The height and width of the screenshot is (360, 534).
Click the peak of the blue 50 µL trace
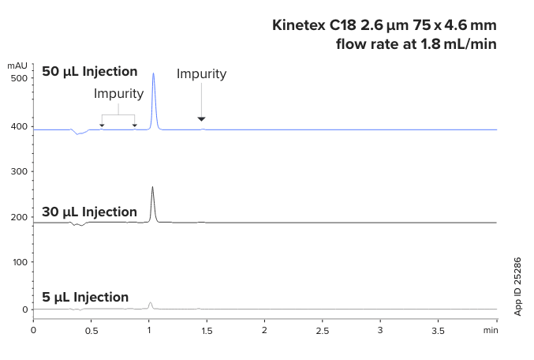click(153, 74)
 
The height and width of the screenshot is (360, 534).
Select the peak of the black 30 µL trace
click(152, 188)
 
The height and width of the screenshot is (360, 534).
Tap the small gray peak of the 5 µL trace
click(150, 303)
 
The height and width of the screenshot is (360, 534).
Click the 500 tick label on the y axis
click(18, 78)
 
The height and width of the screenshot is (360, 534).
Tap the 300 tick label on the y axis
click(18, 171)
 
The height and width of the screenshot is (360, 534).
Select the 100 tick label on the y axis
click(18, 262)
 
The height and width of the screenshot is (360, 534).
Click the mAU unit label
click(17, 65)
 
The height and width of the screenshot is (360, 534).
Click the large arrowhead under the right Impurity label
click(201, 119)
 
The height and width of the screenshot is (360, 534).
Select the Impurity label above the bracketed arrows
click(118, 93)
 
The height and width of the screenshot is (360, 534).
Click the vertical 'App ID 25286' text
click(518, 286)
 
